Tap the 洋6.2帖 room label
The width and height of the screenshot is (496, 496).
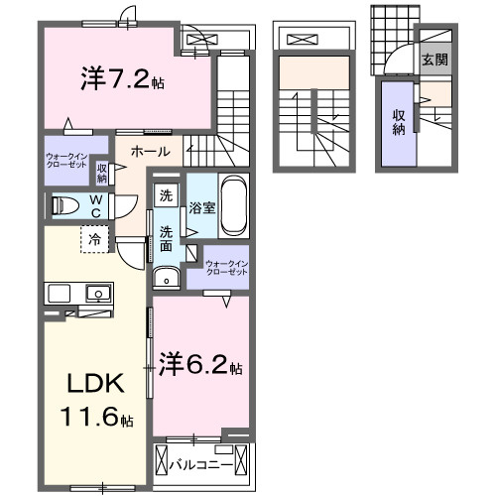[x=199, y=365]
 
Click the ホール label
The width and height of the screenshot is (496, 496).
[x=149, y=152]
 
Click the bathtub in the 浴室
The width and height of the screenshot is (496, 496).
[x=233, y=204]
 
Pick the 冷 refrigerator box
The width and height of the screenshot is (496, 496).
[x=95, y=238]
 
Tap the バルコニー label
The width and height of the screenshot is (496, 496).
[x=200, y=463]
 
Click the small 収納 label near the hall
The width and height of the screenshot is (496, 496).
[x=102, y=173]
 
